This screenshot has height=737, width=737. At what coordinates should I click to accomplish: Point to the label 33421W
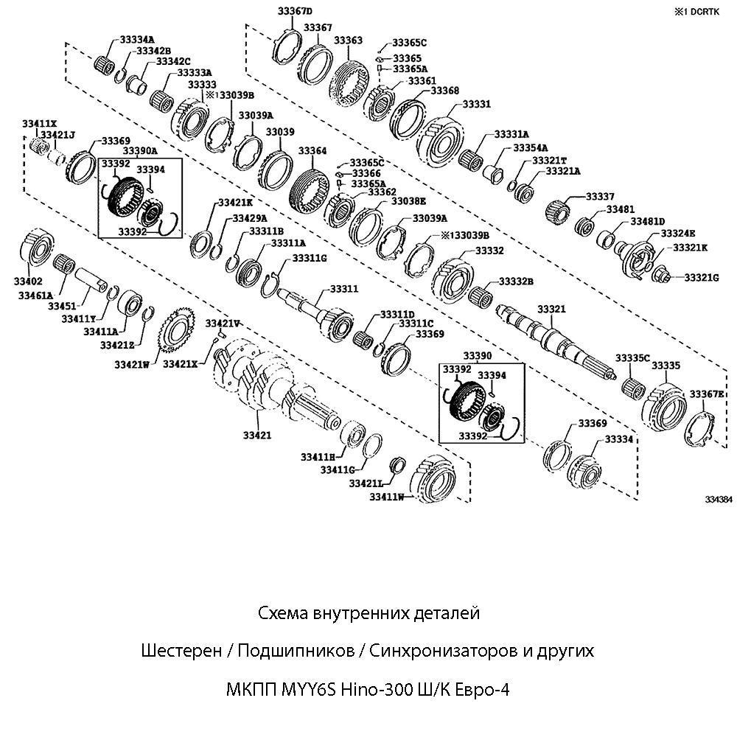tap(132, 363)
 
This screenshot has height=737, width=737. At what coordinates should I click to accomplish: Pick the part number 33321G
tap(702, 277)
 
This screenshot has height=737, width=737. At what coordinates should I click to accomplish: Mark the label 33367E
tap(708, 395)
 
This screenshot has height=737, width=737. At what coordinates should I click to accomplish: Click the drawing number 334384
tap(719, 499)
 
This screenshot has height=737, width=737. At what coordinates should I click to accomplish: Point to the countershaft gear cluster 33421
tap(273, 383)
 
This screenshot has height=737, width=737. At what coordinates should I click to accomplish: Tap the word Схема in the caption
tap(283, 612)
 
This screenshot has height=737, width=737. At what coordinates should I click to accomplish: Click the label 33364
tap(312, 150)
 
